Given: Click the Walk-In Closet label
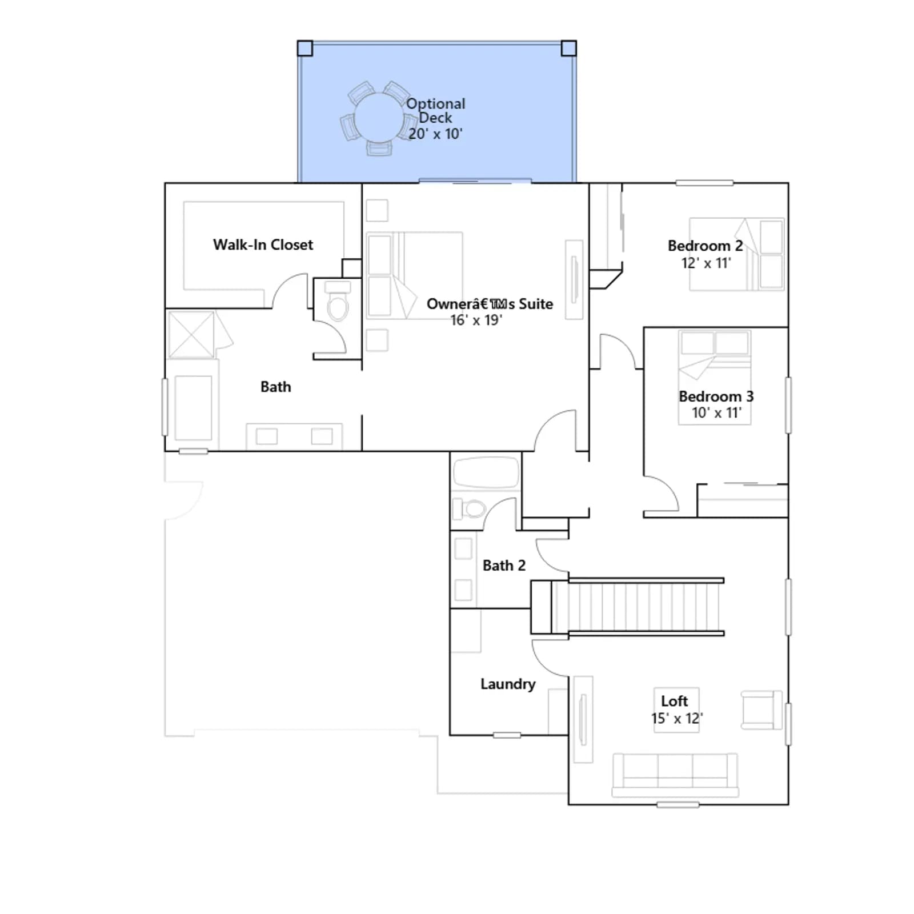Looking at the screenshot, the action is pos(263,245).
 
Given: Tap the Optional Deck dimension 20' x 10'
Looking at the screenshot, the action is pos(435,134).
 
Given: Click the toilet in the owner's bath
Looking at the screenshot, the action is pos(338,301).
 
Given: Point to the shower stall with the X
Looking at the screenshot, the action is pos(191,335).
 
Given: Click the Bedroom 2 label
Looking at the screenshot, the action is pos(705,246).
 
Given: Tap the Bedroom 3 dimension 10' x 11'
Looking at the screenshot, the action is pos(716,412).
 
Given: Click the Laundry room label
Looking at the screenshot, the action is pos(508,684).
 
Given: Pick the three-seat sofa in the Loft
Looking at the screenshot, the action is pos(675,775).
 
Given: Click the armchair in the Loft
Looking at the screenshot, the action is pos(761,710).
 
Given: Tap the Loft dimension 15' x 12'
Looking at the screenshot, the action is pos(677,718).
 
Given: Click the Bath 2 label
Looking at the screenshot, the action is pos(504,566).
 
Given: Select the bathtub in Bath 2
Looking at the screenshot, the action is pos(486,472).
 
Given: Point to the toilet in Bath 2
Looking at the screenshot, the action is pos(469,508).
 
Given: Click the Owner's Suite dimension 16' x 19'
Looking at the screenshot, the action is pos(476,320).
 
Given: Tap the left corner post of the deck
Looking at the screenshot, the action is pos(305,48).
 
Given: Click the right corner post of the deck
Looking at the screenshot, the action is pos(568,48).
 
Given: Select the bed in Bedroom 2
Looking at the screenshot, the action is pos(737,254).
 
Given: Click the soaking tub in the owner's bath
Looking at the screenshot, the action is pos(193,407).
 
